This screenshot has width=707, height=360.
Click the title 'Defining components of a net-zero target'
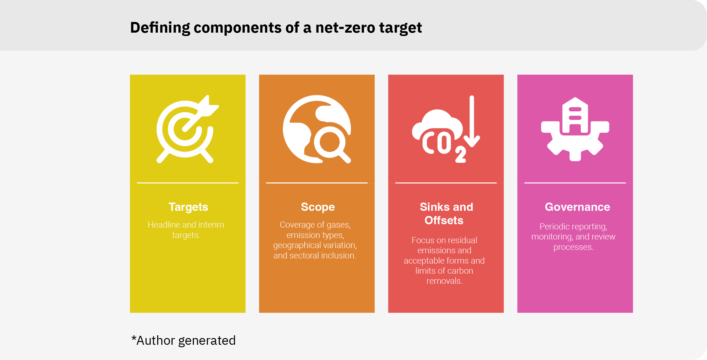(x=276, y=28)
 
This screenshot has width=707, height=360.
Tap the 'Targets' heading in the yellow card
(x=188, y=207)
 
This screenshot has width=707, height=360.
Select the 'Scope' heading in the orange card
(x=318, y=207)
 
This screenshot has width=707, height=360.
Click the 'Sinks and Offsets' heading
(x=446, y=214)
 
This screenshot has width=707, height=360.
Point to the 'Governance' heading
(x=577, y=207)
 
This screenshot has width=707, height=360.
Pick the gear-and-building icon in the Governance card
(x=575, y=129)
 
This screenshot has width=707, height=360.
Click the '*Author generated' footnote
(x=183, y=340)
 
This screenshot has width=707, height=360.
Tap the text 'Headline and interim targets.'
(x=186, y=230)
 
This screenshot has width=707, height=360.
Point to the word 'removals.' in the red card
(x=445, y=281)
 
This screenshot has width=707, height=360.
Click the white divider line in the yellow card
(x=188, y=183)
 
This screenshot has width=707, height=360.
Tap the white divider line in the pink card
(x=575, y=183)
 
